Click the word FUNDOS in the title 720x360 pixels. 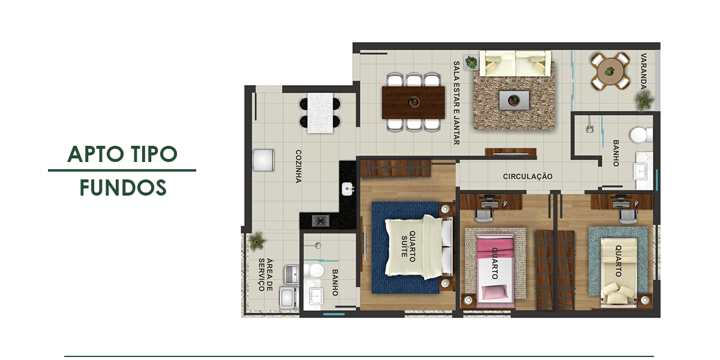click(x=123, y=188)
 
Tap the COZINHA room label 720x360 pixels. click(x=299, y=166)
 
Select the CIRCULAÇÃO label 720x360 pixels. click(x=527, y=176)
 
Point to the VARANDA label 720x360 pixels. click(x=643, y=71)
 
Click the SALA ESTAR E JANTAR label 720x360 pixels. click(x=457, y=103)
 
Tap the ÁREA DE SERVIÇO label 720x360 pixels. click(x=265, y=275)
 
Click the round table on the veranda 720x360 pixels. click(x=610, y=71)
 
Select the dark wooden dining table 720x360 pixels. click(x=413, y=102)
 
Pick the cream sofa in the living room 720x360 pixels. click(x=515, y=64)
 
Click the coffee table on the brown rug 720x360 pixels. click(x=514, y=100)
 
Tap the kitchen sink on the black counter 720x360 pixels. click(x=348, y=188)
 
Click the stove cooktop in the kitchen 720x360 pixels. click(x=320, y=221)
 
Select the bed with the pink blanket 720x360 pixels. click(x=494, y=269)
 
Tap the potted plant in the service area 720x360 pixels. click(x=257, y=241)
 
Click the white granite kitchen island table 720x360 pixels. click(x=320, y=113)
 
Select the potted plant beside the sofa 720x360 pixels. click(x=471, y=62)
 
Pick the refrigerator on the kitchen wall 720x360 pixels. click(x=263, y=160)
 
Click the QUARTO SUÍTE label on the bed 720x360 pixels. click(x=408, y=247)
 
